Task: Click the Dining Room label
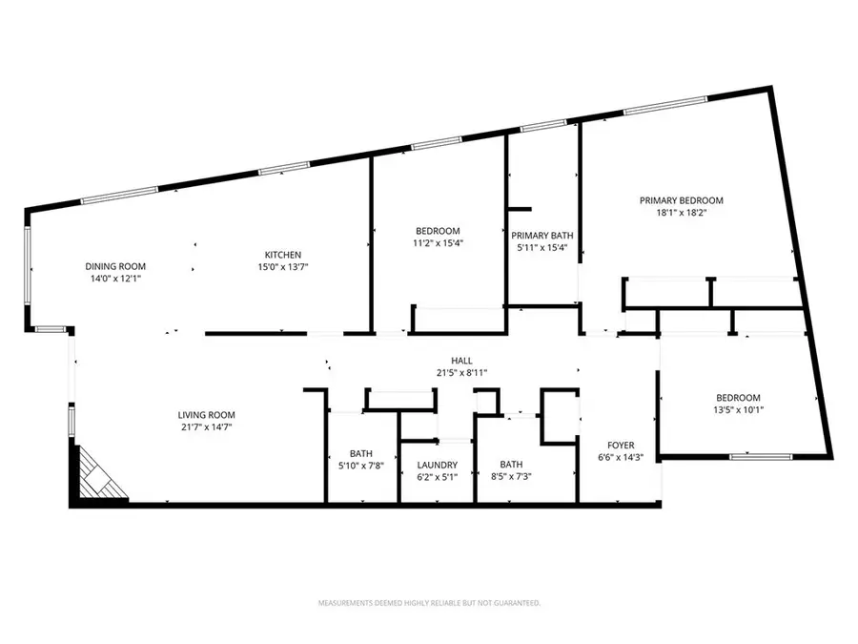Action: coord(115,266)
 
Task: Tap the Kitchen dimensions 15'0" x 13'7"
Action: coord(282,268)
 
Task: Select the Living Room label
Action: coord(206,415)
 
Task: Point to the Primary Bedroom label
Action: coord(681,200)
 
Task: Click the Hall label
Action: coord(462,360)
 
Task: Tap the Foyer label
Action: coord(620,444)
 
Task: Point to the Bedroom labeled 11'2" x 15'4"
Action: coord(438,231)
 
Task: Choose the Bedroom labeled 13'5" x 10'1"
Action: coord(738,398)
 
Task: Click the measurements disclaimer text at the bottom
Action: coord(428,603)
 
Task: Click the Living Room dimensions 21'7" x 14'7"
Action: coord(206,428)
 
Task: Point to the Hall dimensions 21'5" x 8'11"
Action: coord(462,373)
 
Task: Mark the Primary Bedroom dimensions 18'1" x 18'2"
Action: coord(681,214)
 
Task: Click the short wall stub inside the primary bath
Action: coord(520,208)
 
